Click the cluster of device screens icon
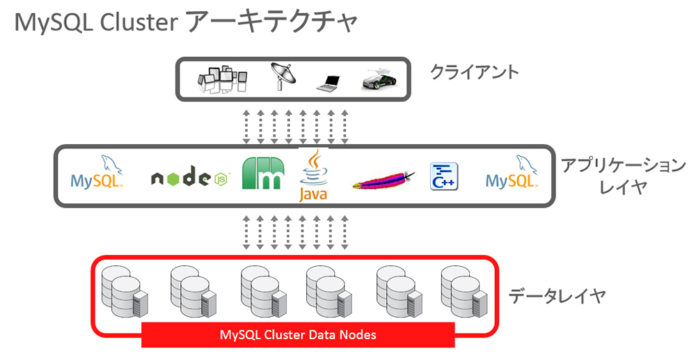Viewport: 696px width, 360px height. (222, 79)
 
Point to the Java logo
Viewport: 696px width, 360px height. (313, 175)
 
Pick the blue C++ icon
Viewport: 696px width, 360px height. (443, 177)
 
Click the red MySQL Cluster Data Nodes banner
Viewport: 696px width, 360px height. (298, 335)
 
